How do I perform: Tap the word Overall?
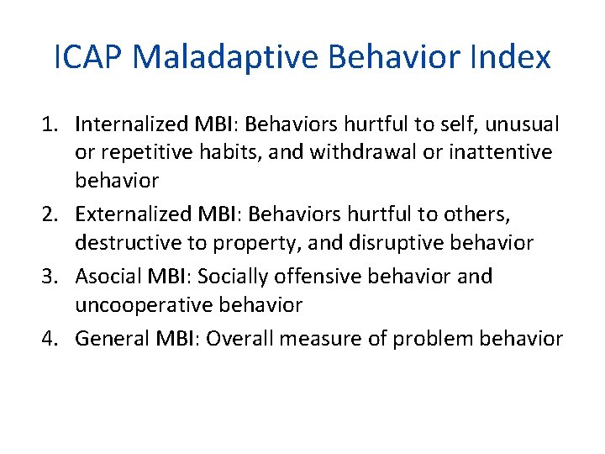pos(241,338)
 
